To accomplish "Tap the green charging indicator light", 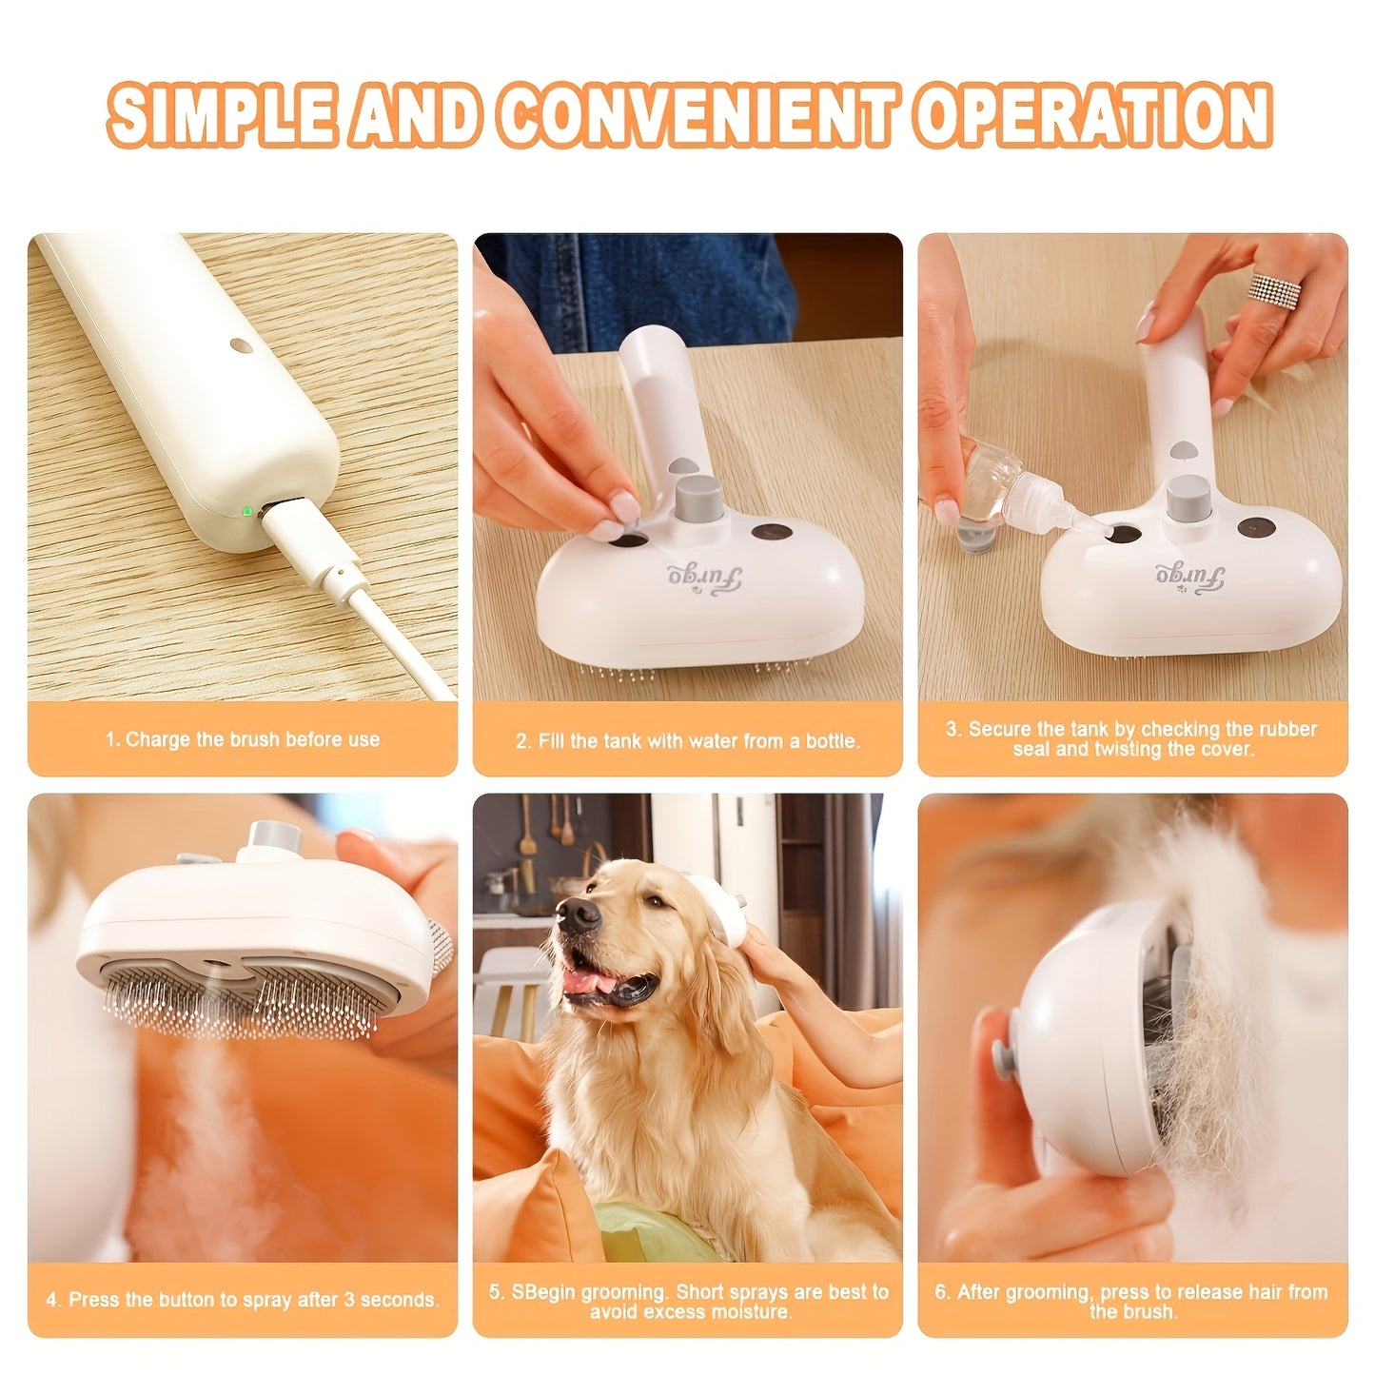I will (247, 511).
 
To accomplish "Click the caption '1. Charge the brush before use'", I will (243, 739).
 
